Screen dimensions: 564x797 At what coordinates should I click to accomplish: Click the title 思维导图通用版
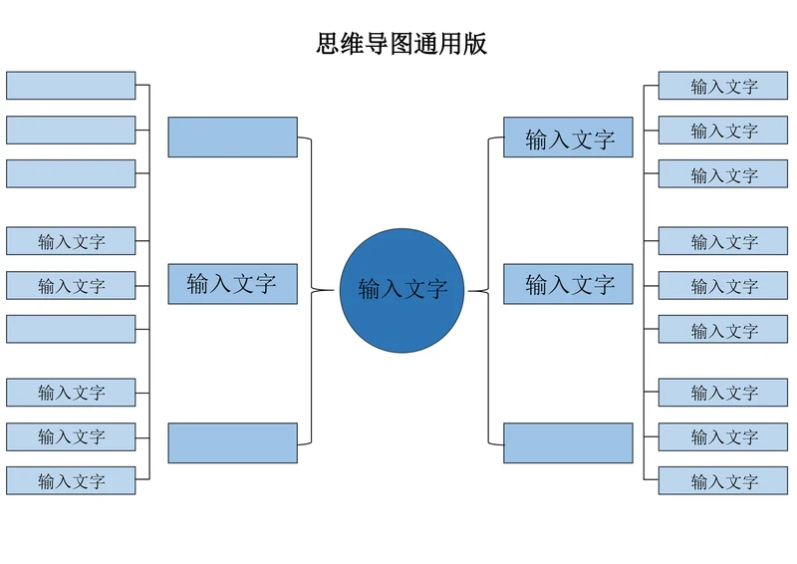pyautogui.click(x=401, y=44)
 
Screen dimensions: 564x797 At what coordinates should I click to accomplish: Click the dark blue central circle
pyautogui.click(x=402, y=290)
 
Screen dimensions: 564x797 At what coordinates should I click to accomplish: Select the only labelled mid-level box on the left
pyautogui.click(x=232, y=284)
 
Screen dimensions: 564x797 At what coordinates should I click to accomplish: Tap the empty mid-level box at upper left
pyautogui.click(x=232, y=138)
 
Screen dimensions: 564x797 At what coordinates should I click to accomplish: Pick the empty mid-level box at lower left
pyautogui.click(x=232, y=443)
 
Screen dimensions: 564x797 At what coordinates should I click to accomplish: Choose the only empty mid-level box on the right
pyautogui.click(x=568, y=443)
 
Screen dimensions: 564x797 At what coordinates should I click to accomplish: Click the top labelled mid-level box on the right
pyautogui.click(x=568, y=139)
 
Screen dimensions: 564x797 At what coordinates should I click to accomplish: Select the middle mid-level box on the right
pyautogui.click(x=568, y=284)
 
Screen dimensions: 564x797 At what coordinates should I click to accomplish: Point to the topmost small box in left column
pyautogui.click(x=71, y=86)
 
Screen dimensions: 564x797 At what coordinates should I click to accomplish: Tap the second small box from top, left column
pyautogui.click(x=71, y=130)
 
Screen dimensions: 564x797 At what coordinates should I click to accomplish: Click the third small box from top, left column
pyautogui.click(x=71, y=173)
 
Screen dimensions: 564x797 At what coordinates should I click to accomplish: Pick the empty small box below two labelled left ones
pyautogui.click(x=71, y=329)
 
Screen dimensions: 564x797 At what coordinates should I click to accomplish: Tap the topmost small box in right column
pyautogui.click(x=722, y=86)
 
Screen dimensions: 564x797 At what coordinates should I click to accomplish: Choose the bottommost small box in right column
pyautogui.click(x=722, y=480)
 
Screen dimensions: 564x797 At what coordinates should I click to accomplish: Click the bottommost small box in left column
pyautogui.click(x=71, y=480)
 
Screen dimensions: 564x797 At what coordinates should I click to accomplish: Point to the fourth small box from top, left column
pyautogui.click(x=71, y=241)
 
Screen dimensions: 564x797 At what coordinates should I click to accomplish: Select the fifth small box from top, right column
pyautogui.click(x=722, y=286)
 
